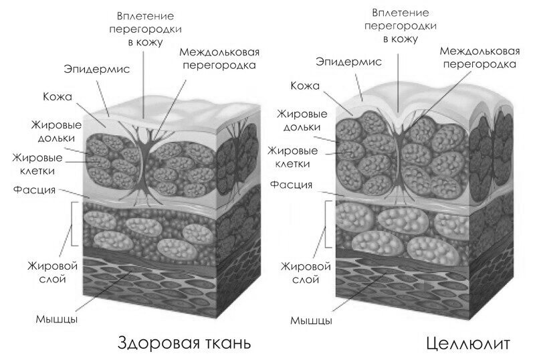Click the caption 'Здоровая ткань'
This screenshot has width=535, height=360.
pyautogui.click(x=185, y=343)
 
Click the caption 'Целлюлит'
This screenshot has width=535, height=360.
pyautogui.click(x=469, y=343)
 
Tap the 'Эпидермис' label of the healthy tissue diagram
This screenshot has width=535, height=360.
pyautogui.click(x=97, y=70)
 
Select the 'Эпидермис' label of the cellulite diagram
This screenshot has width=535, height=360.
pyautogui.click(x=348, y=62)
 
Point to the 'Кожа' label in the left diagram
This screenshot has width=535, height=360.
pyautogui.click(x=58, y=96)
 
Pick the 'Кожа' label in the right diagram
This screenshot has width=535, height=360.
pyautogui.click(x=306, y=86)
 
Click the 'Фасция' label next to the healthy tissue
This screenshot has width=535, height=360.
pyautogui.click(x=34, y=189)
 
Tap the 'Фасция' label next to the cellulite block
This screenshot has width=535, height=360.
pyautogui.click(x=292, y=185)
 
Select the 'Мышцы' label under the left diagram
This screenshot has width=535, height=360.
pyautogui.click(x=57, y=319)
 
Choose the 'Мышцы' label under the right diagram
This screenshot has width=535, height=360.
pyautogui.click(x=311, y=321)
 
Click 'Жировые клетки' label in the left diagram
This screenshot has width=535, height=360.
pyautogui.click(x=37, y=164)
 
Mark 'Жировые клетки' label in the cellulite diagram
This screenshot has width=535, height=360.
pyautogui.click(x=292, y=157)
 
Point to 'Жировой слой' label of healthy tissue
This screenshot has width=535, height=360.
pyautogui.click(x=53, y=272)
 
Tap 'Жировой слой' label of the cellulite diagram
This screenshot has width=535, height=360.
pyautogui.click(x=306, y=272)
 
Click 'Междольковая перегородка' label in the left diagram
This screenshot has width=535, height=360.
pyautogui.click(x=219, y=58)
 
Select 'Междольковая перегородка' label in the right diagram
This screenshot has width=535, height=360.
pyautogui.click(x=479, y=58)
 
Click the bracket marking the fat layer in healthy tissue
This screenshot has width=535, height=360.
pyautogui.click(x=72, y=223)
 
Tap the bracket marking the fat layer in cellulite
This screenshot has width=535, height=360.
pyautogui.click(x=326, y=223)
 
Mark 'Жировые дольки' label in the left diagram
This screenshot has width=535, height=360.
pyautogui.click(x=56, y=131)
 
